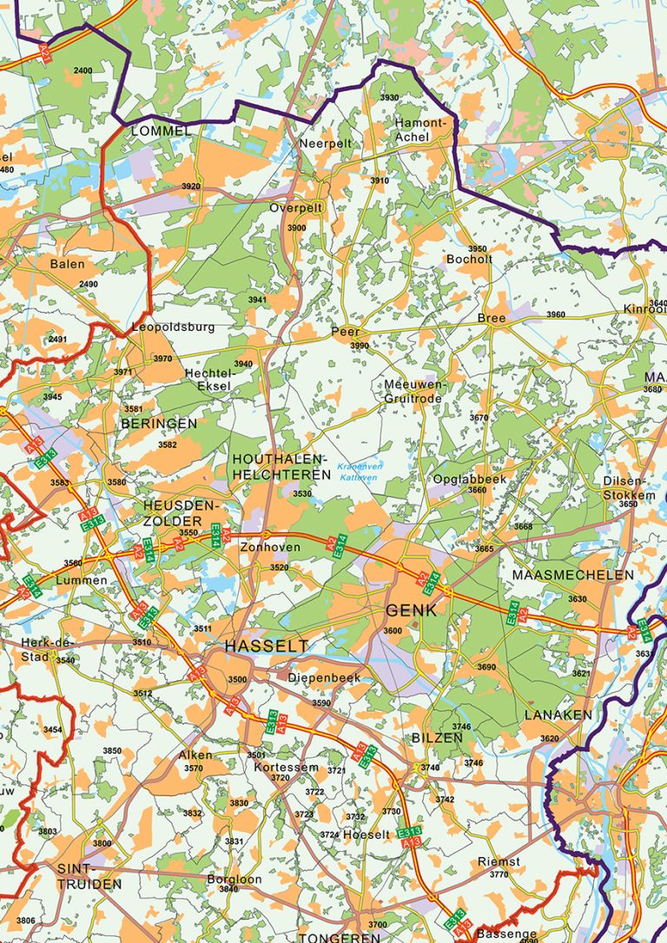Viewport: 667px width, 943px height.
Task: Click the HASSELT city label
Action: point(266,646)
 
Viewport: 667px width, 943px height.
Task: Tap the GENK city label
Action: point(411,610)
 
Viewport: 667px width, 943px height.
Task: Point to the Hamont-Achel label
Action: point(420,129)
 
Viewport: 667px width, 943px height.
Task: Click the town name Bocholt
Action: point(469,259)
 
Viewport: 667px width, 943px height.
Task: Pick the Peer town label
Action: point(345,332)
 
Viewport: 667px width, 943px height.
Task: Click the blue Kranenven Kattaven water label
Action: point(359,472)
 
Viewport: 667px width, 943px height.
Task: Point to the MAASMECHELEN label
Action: point(573,575)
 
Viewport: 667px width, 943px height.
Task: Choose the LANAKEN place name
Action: point(558,715)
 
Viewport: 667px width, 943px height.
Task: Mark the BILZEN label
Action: point(437,737)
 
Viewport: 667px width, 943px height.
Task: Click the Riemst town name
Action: point(499,861)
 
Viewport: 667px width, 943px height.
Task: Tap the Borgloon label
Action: point(234,879)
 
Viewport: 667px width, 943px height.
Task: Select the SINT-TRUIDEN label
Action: point(89,876)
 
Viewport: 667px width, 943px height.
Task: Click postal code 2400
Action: point(83,70)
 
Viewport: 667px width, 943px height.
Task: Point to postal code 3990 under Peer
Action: point(360,346)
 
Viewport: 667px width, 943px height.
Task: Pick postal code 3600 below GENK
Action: point(393,631)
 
